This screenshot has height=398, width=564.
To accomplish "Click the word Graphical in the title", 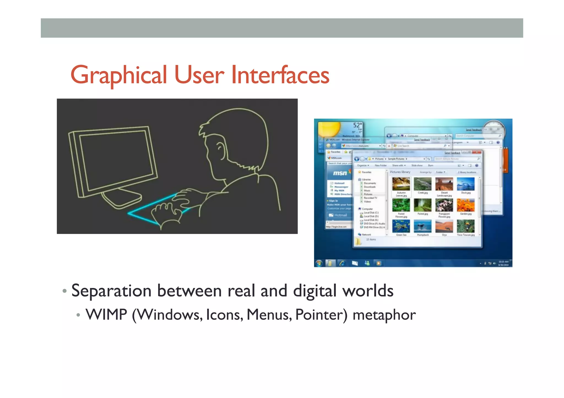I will (x=119, y=75).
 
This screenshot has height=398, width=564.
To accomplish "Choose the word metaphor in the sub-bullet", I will (x=384, y=315).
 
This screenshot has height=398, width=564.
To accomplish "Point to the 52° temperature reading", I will (x=357, y=125).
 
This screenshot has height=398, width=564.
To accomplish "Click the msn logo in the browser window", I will (x=340, y=173).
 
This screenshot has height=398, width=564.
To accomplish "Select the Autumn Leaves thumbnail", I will (x=401, y=184).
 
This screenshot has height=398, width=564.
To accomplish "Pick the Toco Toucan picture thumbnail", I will (x=465, y=226).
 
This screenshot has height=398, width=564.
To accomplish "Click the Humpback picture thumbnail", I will (x=422, y=226).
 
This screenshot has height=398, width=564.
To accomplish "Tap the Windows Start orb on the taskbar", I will (x=319, y=263).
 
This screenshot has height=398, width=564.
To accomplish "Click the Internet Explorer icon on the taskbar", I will (x=342, y=263).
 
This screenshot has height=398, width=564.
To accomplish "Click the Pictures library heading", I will (x=400, y=172).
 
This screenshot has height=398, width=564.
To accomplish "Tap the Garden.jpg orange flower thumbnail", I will (x=465, y=205).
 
